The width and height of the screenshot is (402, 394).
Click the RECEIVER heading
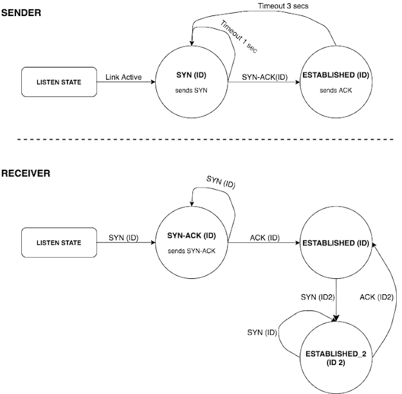26,173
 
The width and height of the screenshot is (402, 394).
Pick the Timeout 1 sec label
239,38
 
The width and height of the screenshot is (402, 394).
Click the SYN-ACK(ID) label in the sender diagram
264,76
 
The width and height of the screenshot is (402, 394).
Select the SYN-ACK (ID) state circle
195,244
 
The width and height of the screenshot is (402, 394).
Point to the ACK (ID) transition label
264,238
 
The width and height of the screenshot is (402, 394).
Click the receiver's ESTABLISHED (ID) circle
336,244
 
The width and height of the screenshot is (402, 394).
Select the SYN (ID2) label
317,298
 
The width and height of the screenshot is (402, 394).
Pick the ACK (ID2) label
376,298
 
